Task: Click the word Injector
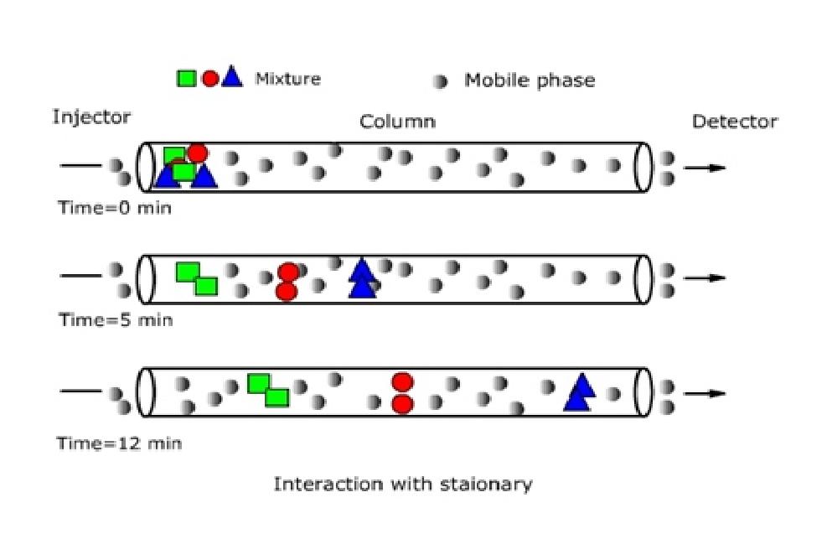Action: [91, 117]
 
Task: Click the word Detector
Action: [734, 122]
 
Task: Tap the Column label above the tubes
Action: [397, 122]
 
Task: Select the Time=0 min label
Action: [114, 207]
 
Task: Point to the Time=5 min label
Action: [115, 319]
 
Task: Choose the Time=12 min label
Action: [119, 443]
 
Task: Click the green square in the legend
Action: [186, 79]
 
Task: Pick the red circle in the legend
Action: [210, 79]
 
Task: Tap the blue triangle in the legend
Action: [232, 78]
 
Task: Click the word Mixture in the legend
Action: [287, 80]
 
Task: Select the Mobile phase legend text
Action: [530, 80]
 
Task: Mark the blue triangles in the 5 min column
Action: [362, 278]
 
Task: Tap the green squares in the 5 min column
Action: [197, 278]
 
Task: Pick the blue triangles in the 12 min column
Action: [579, 392]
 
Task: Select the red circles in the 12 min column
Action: [402, 393]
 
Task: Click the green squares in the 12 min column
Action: [268, 391]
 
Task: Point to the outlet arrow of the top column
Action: [704, 168]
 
